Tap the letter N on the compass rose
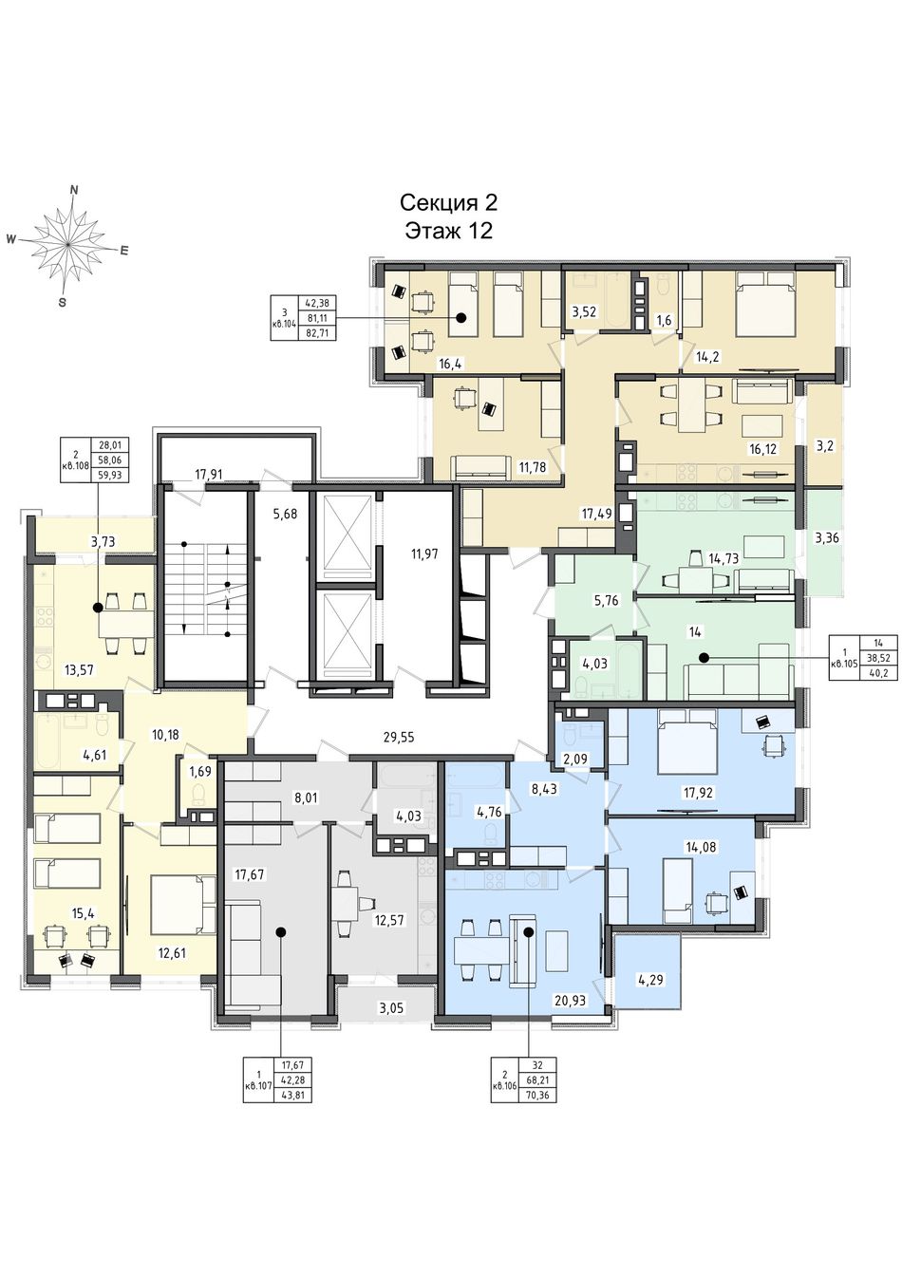pos(73,191)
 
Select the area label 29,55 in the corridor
pos(398,737)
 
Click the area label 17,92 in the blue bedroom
pos(698,791)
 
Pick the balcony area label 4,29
pos(651,979)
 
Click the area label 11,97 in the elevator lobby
pos(424,553)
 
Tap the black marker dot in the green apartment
pos(704,658)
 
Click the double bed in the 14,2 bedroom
pos(763,304)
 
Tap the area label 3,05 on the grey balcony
pos(391,1008)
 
